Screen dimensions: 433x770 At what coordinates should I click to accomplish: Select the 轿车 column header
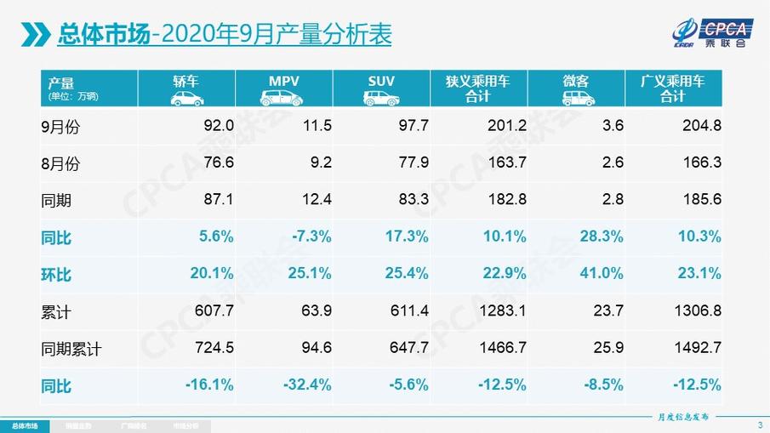[187, 88]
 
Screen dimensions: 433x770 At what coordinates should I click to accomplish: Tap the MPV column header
[284, 88]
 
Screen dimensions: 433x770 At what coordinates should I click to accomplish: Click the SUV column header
[380, 88]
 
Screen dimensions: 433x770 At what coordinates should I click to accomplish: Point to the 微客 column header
[576, 88]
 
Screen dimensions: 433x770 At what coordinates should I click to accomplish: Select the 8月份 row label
[60, 163]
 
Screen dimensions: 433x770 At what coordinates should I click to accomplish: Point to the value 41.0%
[603, 274]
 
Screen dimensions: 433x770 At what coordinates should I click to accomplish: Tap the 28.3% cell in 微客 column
[603, 237]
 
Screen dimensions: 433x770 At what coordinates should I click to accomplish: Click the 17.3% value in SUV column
[408, 237]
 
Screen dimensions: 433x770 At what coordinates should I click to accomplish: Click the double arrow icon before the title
[35, 35]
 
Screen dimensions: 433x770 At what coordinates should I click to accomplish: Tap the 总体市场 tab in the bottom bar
[24, 425]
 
